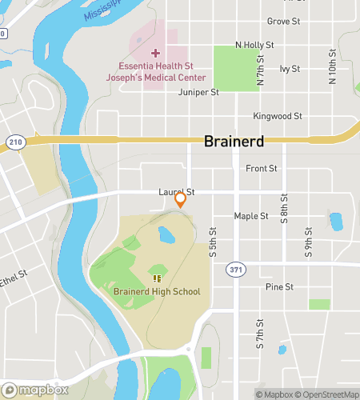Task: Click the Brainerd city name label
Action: click(x=234, y=141)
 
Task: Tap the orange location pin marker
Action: click(x=181, y=200)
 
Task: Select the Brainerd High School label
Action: click(x=157, y=291)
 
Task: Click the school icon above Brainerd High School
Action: click(x=157, y=278)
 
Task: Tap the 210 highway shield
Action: click(x=15, y=142)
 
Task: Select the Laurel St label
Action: click(x=176, y=192)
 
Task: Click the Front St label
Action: click(x=262, y=168)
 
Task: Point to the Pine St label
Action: click(x=279, y=286)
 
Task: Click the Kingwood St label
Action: click(x=277, y=116)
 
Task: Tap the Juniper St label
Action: click(x=200, y=92)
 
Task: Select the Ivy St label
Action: click(x=290, y=69)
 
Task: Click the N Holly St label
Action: click(x=254, y=45)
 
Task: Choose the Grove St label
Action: click(x=283, y=21)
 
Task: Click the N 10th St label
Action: click(x=331, y=67)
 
